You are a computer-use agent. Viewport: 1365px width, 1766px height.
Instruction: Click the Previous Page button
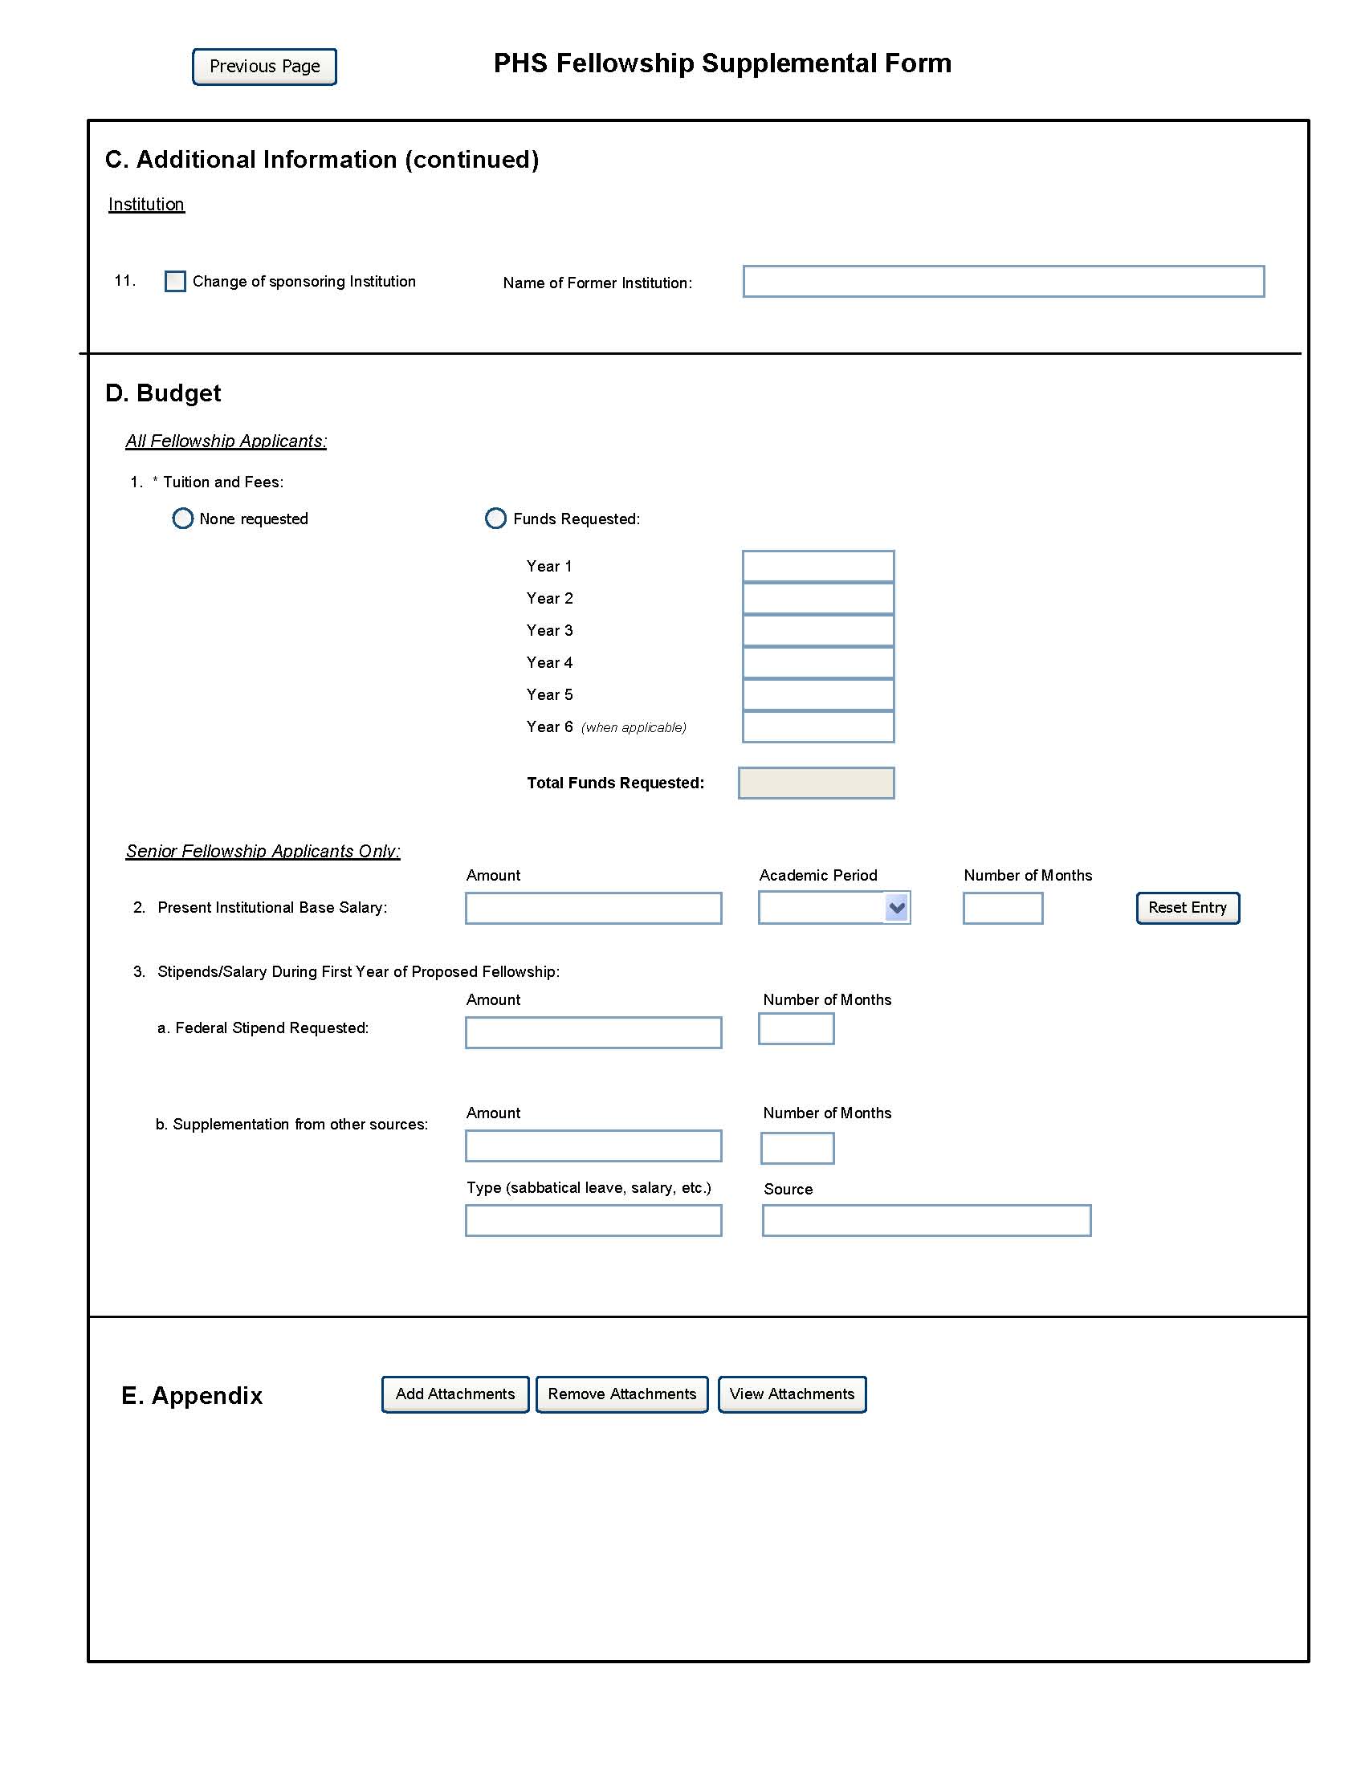(264, 67)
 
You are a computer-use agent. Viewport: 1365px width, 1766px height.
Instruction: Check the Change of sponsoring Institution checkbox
(175, 282)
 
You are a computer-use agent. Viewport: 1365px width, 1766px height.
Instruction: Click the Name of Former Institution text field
(1003, 282)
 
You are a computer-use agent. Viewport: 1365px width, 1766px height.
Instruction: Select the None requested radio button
(183, 519)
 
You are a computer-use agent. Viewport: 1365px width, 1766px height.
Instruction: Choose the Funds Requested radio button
(495, 519)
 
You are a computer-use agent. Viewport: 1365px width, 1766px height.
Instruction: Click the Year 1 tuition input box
(817, 566)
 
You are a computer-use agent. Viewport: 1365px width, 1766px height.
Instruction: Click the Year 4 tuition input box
(817, 662)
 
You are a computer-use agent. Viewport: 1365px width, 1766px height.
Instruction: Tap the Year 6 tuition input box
(817, 727)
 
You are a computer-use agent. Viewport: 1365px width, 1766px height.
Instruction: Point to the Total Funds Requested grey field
(816, 783)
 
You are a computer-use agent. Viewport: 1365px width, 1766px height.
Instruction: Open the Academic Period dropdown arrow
(897, 908)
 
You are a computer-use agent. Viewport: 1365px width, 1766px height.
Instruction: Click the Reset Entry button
(1187, 908)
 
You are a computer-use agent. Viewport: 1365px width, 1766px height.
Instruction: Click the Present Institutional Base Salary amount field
(593, 908)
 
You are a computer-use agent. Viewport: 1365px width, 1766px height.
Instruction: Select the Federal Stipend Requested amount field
(593, 1032)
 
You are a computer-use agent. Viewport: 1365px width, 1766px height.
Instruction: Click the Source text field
(926, 1220)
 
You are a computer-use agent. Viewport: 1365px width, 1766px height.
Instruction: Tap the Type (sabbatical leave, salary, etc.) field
(593, 1220)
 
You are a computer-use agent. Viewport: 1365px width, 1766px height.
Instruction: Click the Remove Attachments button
(621, 1394)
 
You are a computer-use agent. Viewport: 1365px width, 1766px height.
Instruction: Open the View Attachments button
(792, 1394)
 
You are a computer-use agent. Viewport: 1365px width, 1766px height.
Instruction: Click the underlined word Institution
(146, 205)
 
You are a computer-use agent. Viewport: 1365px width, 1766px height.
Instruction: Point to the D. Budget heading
(163, 393)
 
